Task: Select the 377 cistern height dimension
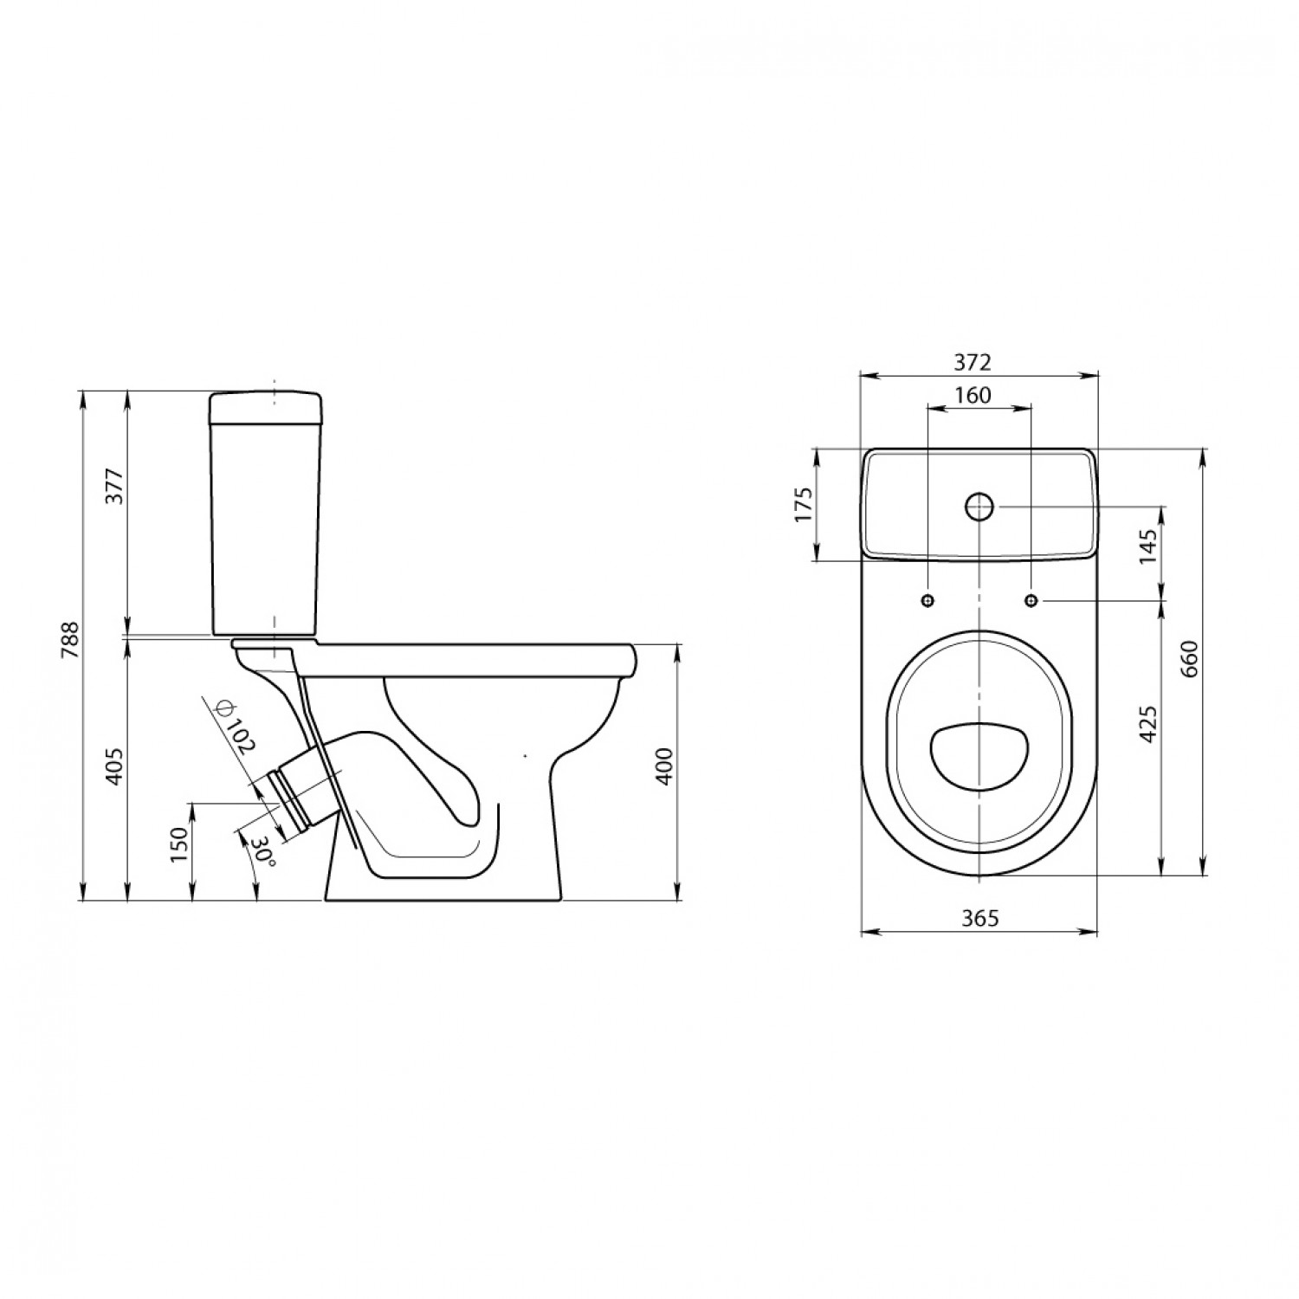pos(117,488)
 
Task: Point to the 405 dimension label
pos(117,765)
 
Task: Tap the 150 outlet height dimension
pos(179,845)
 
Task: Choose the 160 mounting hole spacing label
pos(973,395)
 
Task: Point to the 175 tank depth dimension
pos(803,505)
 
